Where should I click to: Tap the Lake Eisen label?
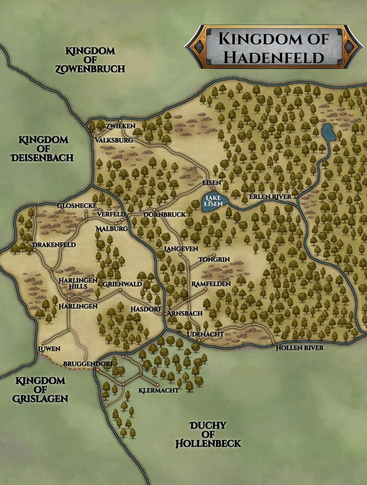[x=213, y=201]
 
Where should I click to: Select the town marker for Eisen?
[x=214, y=188]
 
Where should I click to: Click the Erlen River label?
[x=270, y=197]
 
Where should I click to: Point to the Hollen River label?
[x=300, y=348]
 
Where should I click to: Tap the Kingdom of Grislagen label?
[x=40, y=389]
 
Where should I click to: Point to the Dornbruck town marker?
[x=155, y=210]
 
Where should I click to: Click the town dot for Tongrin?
[x=214, y=255]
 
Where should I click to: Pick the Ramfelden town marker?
[x=206, y=289]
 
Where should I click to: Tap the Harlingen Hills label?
[x=78, y=283]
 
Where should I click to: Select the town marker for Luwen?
[x=43, y=344]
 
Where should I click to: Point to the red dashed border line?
[x=65, y=367]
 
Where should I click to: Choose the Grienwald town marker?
[x=120, y=290]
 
